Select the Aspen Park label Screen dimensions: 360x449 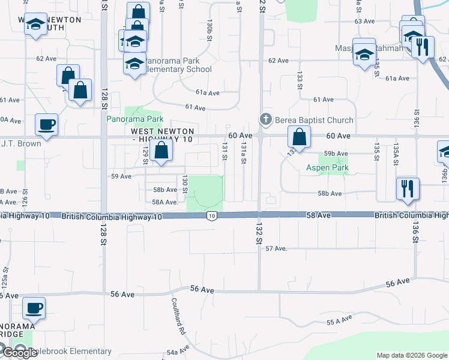(x=327, y=167)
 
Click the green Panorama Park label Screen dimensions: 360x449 (x=135, y=119)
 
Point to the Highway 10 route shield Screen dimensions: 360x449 (x=211, y=215)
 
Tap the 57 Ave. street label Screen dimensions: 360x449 (x=277, y=248)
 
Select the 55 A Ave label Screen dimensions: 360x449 (x=339, y=322)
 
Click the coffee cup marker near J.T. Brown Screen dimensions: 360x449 (x=46, y=125)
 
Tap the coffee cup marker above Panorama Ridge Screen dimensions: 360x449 (x=34, y=308)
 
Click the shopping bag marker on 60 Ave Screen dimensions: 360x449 (x=298, y=137)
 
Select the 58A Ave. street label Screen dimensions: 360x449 (x=165, y=202)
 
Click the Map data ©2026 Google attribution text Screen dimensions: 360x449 (x=412, y=355)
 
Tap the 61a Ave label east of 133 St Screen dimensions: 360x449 (x=397, y=79)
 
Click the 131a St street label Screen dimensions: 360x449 (x=243, y=155)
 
